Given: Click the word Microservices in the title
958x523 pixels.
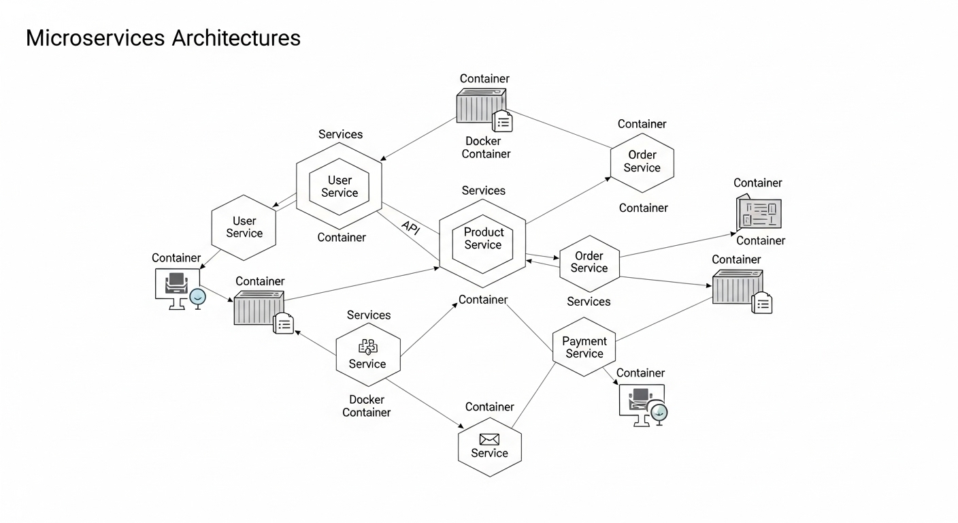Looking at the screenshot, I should pyautogui.click(x=95, y=38).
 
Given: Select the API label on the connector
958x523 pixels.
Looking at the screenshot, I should pyautogui.click(x=410, y=228).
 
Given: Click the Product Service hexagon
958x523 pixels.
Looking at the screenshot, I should pyautogui.click(x=483, y=239).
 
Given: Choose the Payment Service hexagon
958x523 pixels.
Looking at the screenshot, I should pyautogui.click(x=584, y=347).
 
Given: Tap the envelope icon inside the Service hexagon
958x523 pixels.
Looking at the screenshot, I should pyautogui.click(x=489, y=439).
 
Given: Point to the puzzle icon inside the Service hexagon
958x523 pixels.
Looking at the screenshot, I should pyautogui.click(x=367, y=347).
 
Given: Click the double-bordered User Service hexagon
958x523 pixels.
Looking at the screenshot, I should pyautogui.click(x=339, y=187).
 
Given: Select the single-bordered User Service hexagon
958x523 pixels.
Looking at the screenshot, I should pyautogui.click(x=244, y=227).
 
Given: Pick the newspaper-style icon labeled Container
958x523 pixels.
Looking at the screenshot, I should pyautogui.click(x=759, y=213).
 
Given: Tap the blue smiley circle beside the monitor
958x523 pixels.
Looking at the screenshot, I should pyautogui.click(x=197, y=297).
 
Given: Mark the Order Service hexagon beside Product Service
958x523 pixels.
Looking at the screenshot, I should pyautogui.click(x=589, y=262).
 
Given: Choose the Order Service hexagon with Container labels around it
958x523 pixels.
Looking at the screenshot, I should pyautogui.click(x=642, y=162).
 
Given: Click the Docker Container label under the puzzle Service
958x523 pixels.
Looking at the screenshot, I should pyautogui.click(x=367, y=406).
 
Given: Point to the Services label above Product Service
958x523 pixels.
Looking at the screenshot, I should pyautogui.click(x=483, y=191).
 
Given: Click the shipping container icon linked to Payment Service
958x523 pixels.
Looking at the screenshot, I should pyautogui.click(x=739, y=288).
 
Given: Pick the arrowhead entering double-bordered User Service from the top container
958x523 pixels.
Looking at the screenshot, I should pyautogui.click(x=382, y=158).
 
